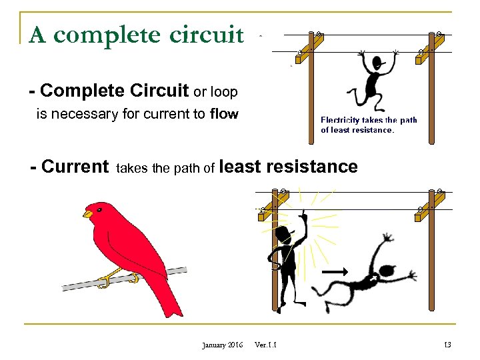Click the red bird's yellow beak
click(87, 214)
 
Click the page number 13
click(446, 344)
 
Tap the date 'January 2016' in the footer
click(222, 344)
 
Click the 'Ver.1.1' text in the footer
click(267, 344)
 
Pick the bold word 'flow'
click(223, 114)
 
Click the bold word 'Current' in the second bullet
click(74, 167)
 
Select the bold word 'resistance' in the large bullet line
click(313, 166)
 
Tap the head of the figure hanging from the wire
click(378, 63)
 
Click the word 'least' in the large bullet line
click(241, 166)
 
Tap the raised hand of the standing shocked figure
click(302, 217)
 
